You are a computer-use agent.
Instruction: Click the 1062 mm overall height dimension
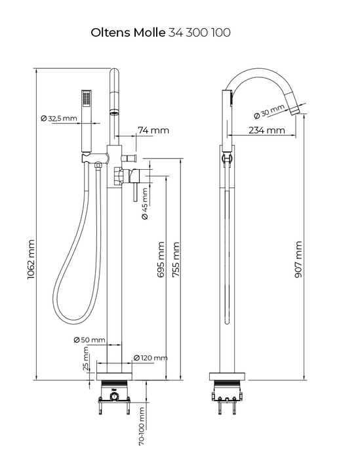pyautogui.click(x=31, y=259)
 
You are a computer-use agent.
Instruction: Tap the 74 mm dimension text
pyautogui.click(x=153, y=130)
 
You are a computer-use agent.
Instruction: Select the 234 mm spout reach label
pyautogui.click(x=267, y=130)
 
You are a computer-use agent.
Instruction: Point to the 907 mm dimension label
pyautogui.click(x=298, y=259)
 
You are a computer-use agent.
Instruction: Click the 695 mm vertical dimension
pyautogui.click(x=161, y=259)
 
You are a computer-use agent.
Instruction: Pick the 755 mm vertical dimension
pyautogui.click(x=176, y=259)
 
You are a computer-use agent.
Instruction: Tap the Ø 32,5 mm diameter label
pyautogui.click(x=59, y=119)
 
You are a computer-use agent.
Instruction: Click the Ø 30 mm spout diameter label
pyautogui.click(x=269, y=112)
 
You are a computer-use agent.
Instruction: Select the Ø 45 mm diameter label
pyautogui.click(x=144, y=203)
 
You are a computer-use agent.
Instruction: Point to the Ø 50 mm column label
pyautogui.click(x=89, y=340)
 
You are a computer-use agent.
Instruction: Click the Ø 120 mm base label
pyautogui.click(x=151, y=358)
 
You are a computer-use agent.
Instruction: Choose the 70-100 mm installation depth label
pyautogui.click(x=142, y=426)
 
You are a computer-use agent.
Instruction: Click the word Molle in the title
pyautogui.click(x=150, y=33)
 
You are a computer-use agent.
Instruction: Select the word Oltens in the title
pyautogui.click(x=111, y=33)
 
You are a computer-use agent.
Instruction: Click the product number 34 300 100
pyautogui.click(x=199, y=33)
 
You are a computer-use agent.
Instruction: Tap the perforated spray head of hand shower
pyautogui.click(x=87, y=99)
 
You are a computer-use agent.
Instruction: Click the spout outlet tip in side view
pyautogui.click(x=296, y=110)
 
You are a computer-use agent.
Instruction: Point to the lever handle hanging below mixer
pyautogui.click(x=135, y=192)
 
